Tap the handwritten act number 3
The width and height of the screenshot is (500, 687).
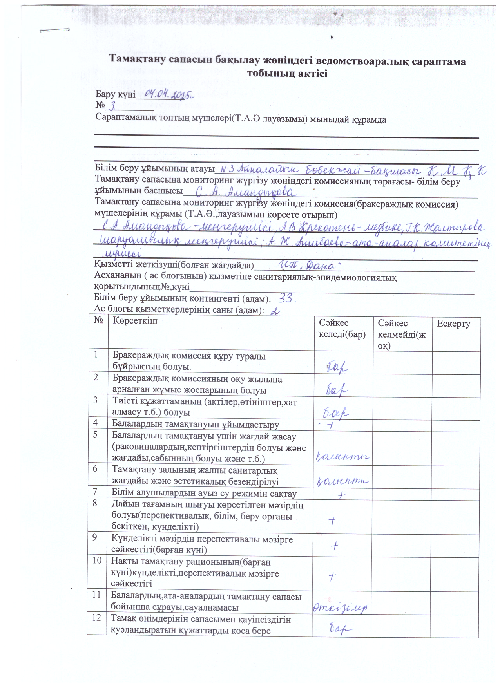(x=112, y=105)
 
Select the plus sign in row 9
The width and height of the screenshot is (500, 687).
(x=334, y=546)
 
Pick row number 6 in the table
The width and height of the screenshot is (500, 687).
(x=95, y=469)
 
